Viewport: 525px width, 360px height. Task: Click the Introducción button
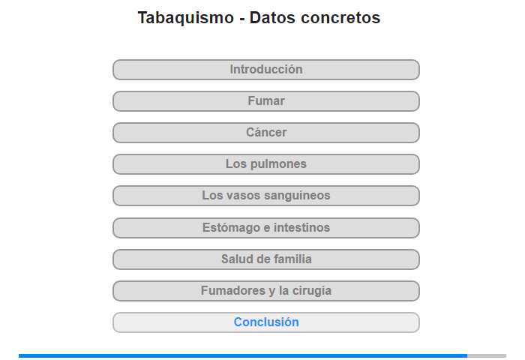265,70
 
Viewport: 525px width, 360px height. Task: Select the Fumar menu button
265,101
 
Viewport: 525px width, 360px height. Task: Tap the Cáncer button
265,133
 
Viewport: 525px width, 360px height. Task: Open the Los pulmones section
265,164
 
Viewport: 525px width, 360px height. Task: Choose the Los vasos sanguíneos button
265,196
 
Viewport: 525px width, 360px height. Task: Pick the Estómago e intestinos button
265,228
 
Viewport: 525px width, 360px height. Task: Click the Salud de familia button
265,259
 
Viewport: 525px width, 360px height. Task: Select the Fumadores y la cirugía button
265,291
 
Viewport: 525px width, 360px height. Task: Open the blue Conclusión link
265,322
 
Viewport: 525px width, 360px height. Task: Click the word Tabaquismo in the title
186,18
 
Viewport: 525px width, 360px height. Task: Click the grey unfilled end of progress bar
487,355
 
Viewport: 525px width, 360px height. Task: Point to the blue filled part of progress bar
243,355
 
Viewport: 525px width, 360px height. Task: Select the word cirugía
312,291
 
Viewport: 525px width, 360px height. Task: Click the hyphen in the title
241,19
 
